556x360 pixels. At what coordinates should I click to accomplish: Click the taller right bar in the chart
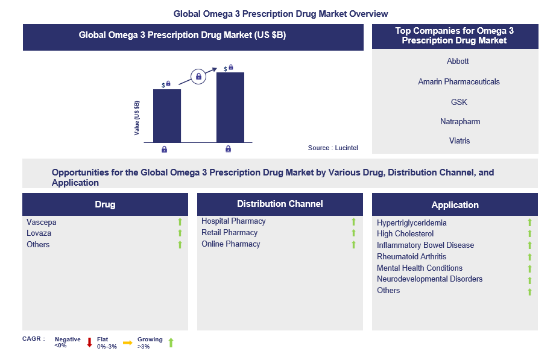(x=230, y=107)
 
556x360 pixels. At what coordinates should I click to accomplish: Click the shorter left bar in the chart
(x=167, y=116)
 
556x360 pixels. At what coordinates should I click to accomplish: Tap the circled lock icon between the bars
(x=198, y=77)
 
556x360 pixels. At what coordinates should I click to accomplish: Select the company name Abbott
(x=458, y=61)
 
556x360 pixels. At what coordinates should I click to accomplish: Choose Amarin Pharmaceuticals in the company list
(x=459, y=81)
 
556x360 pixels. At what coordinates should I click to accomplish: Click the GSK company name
(x=459, y=102)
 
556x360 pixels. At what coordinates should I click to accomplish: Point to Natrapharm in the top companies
(x=460, y=121)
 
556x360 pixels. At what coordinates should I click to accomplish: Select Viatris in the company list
(x=460, y=141)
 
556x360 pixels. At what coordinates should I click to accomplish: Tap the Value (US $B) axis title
(x=137, y=117)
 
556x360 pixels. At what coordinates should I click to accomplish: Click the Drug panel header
(x=105, y=204)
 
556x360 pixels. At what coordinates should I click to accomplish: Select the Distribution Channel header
(x=280, y=204)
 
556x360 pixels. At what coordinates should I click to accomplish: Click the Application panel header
(x=455, y=205)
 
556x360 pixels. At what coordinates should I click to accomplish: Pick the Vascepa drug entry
(x=42, y=222)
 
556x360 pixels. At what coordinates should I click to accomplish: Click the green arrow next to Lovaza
(x=180, y=233)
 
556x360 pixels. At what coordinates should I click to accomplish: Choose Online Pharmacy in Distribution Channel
(x=231, y=244)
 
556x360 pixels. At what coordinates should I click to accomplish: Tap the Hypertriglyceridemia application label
(x=412, y=223)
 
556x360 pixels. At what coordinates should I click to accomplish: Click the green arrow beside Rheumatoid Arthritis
(x=529, y=257)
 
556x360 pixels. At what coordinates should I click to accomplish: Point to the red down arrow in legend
(x=89, y=343)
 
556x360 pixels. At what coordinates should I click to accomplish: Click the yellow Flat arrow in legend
(x=128, y=343)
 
